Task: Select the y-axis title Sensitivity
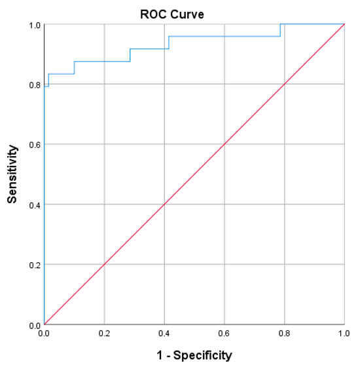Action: click(12, 175)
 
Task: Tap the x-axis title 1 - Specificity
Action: click(194, 355)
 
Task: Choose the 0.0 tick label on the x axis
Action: click(44, 334)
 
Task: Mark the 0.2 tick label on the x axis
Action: click(104, 334)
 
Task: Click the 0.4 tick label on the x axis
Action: click(164, 334)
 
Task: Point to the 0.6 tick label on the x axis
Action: click(225, 334)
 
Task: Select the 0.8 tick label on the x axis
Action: click(285, 334)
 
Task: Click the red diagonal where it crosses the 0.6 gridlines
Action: click(225, 144)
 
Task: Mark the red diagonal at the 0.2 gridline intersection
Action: click(104, 264)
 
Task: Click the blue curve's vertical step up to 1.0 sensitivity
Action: click(281, 30)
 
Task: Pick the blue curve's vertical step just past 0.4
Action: click(169, 43)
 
